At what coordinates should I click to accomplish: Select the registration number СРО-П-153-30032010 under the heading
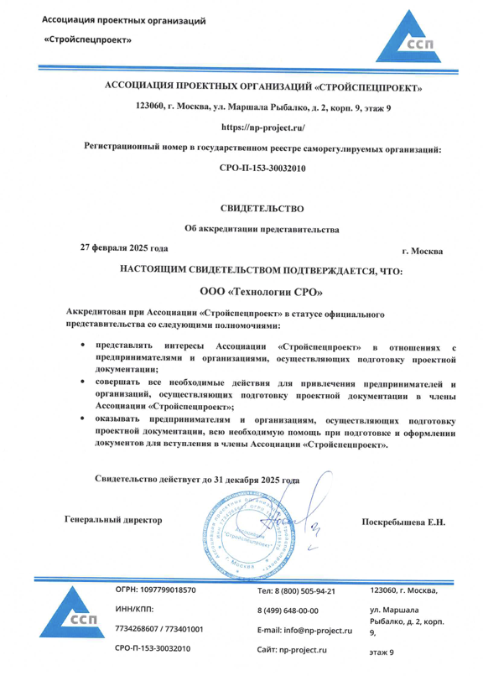tap(262, 168)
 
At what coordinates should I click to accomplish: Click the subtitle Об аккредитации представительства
tap(262, 229)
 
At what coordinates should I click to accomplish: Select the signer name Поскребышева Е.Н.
tap(402, 522)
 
